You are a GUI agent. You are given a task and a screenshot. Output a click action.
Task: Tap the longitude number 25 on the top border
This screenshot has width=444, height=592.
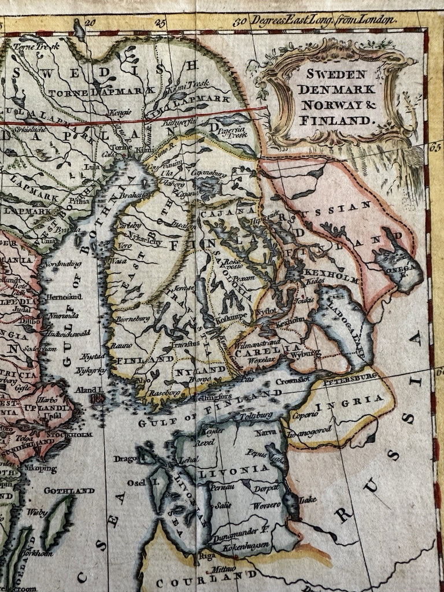point(160,24)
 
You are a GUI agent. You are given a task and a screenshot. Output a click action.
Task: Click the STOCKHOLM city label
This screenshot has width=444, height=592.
point(73,434)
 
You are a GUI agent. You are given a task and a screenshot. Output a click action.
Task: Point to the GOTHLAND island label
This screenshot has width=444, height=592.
point(69,491)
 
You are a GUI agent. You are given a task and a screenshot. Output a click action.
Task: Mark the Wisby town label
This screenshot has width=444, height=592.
point(37,512)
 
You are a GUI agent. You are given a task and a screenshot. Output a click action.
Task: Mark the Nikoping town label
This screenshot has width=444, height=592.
point(41,469)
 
